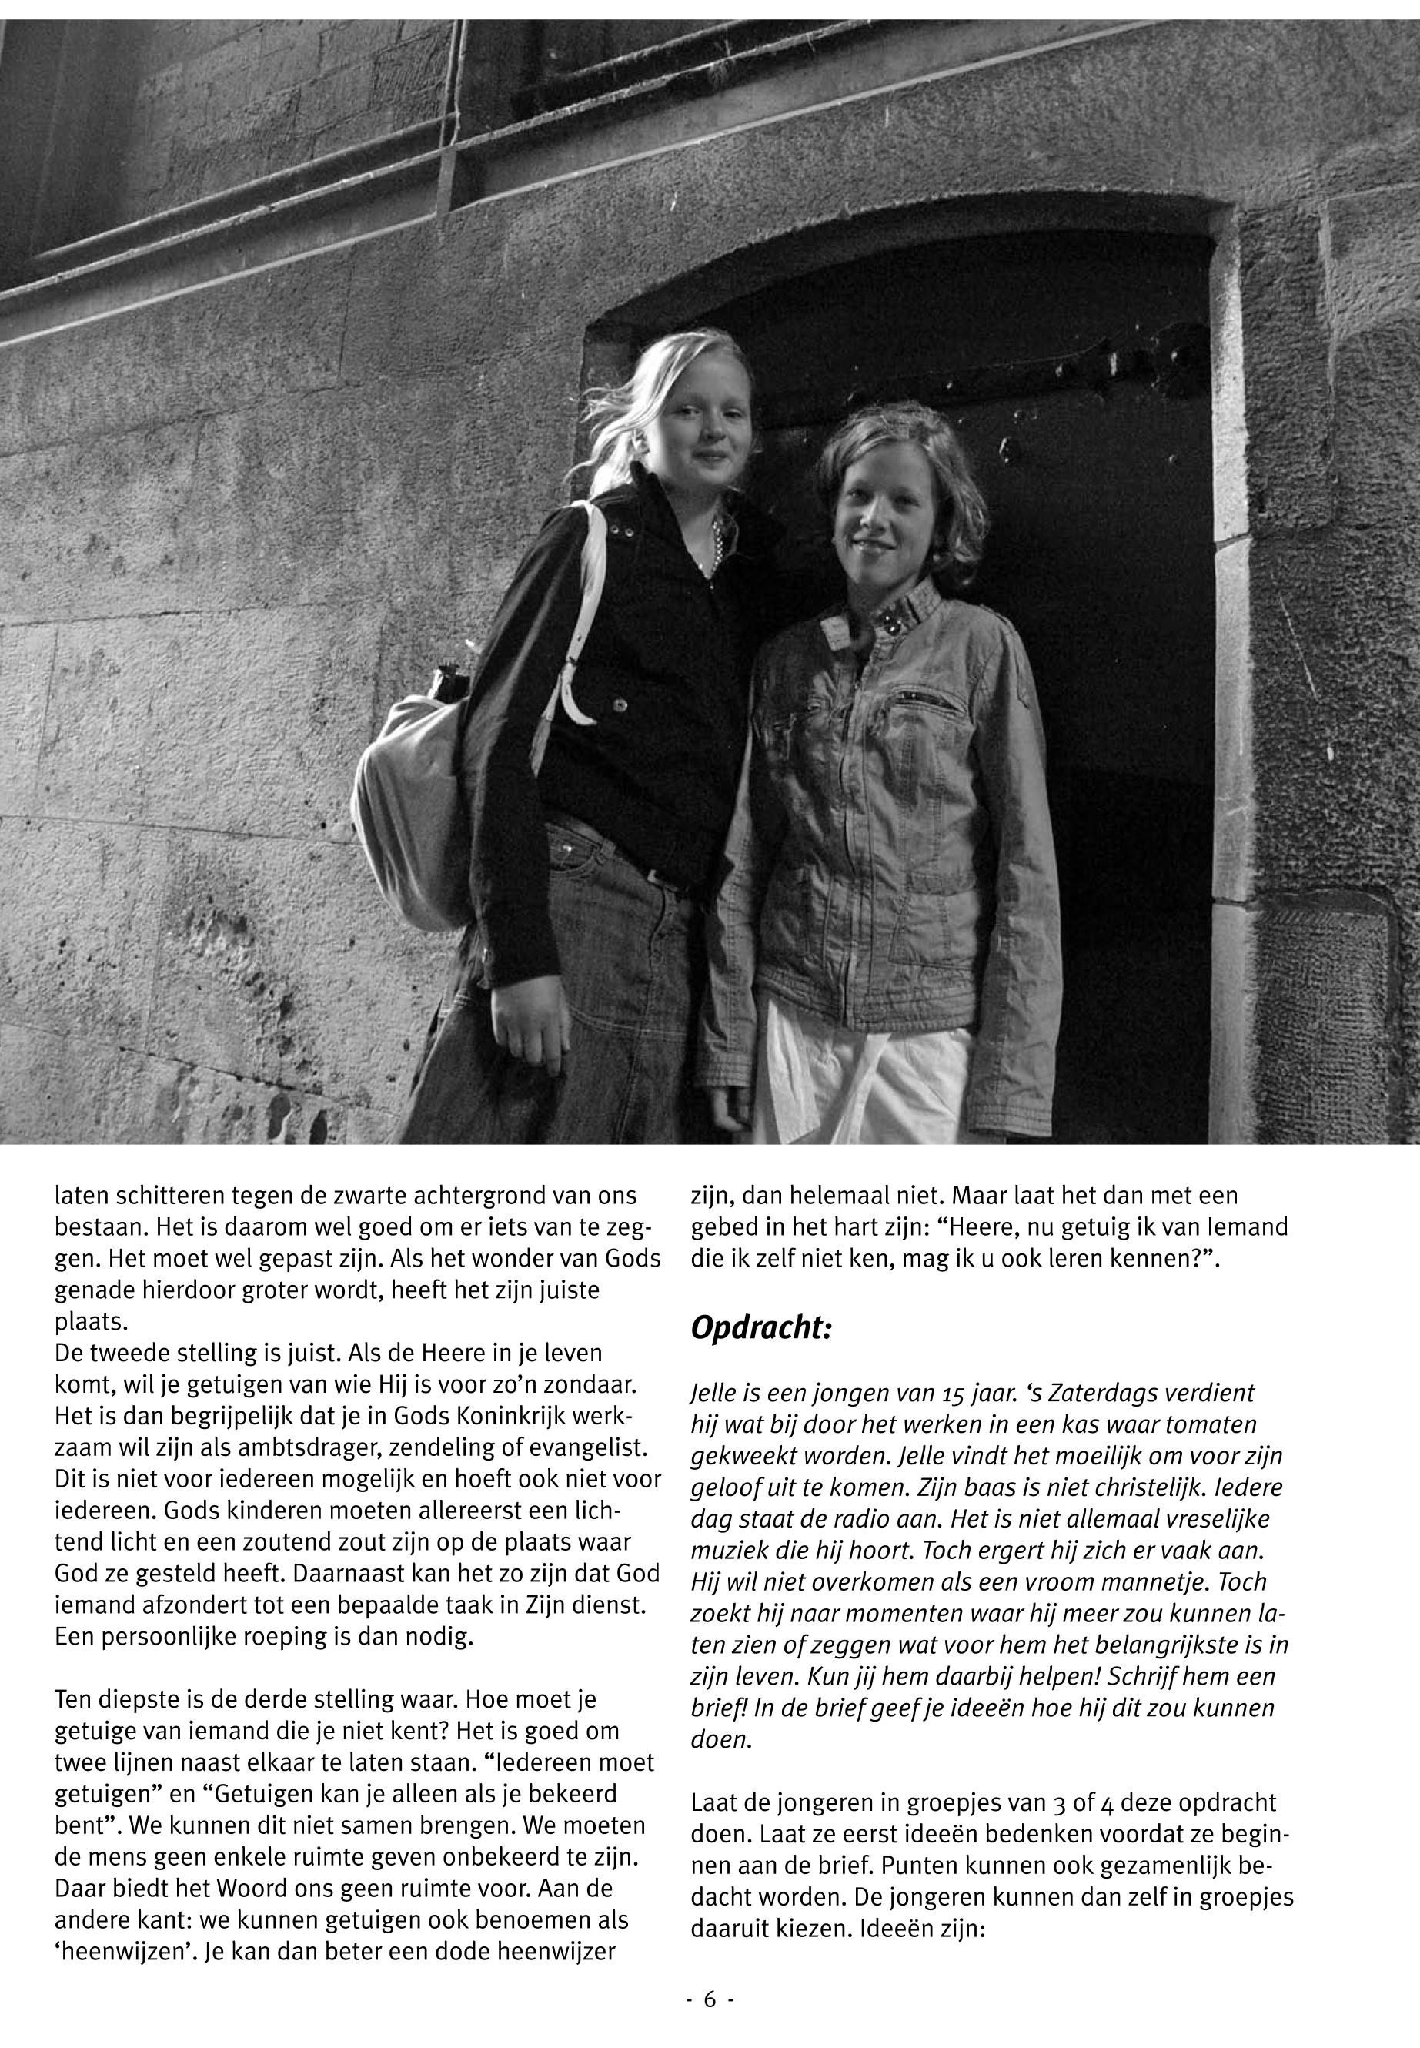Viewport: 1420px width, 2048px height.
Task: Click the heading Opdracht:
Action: [x=760, y=1330]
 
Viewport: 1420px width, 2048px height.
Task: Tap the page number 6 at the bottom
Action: [x=709, y=1999]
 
